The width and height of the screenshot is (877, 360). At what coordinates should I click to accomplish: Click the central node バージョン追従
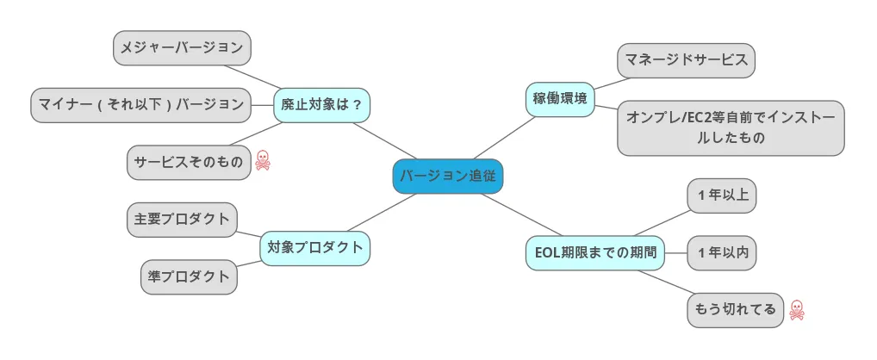447,177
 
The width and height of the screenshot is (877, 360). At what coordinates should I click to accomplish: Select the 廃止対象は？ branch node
321,104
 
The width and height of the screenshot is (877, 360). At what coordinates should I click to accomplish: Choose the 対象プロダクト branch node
314,248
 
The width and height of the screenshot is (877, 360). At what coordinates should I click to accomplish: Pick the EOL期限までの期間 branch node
595,252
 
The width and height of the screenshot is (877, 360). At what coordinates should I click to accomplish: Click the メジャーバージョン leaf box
182,47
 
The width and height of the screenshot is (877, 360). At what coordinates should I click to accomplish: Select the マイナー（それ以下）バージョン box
140,104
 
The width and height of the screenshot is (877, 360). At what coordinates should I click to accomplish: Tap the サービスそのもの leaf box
189,162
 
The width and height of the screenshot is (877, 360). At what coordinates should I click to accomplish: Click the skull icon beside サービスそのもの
263,160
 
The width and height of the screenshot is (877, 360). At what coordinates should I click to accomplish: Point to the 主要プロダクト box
182,219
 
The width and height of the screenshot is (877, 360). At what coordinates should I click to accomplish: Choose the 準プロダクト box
189,276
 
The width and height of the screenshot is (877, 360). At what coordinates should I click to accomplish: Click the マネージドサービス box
687,60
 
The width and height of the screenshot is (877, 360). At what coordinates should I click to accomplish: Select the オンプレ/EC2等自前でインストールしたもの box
731,127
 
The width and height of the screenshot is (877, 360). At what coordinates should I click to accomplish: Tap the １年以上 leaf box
722,195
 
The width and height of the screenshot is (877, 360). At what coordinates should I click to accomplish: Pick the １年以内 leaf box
722,252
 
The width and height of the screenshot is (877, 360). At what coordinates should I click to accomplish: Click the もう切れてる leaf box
735,309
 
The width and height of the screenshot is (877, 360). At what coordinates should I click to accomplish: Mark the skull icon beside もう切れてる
797,309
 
